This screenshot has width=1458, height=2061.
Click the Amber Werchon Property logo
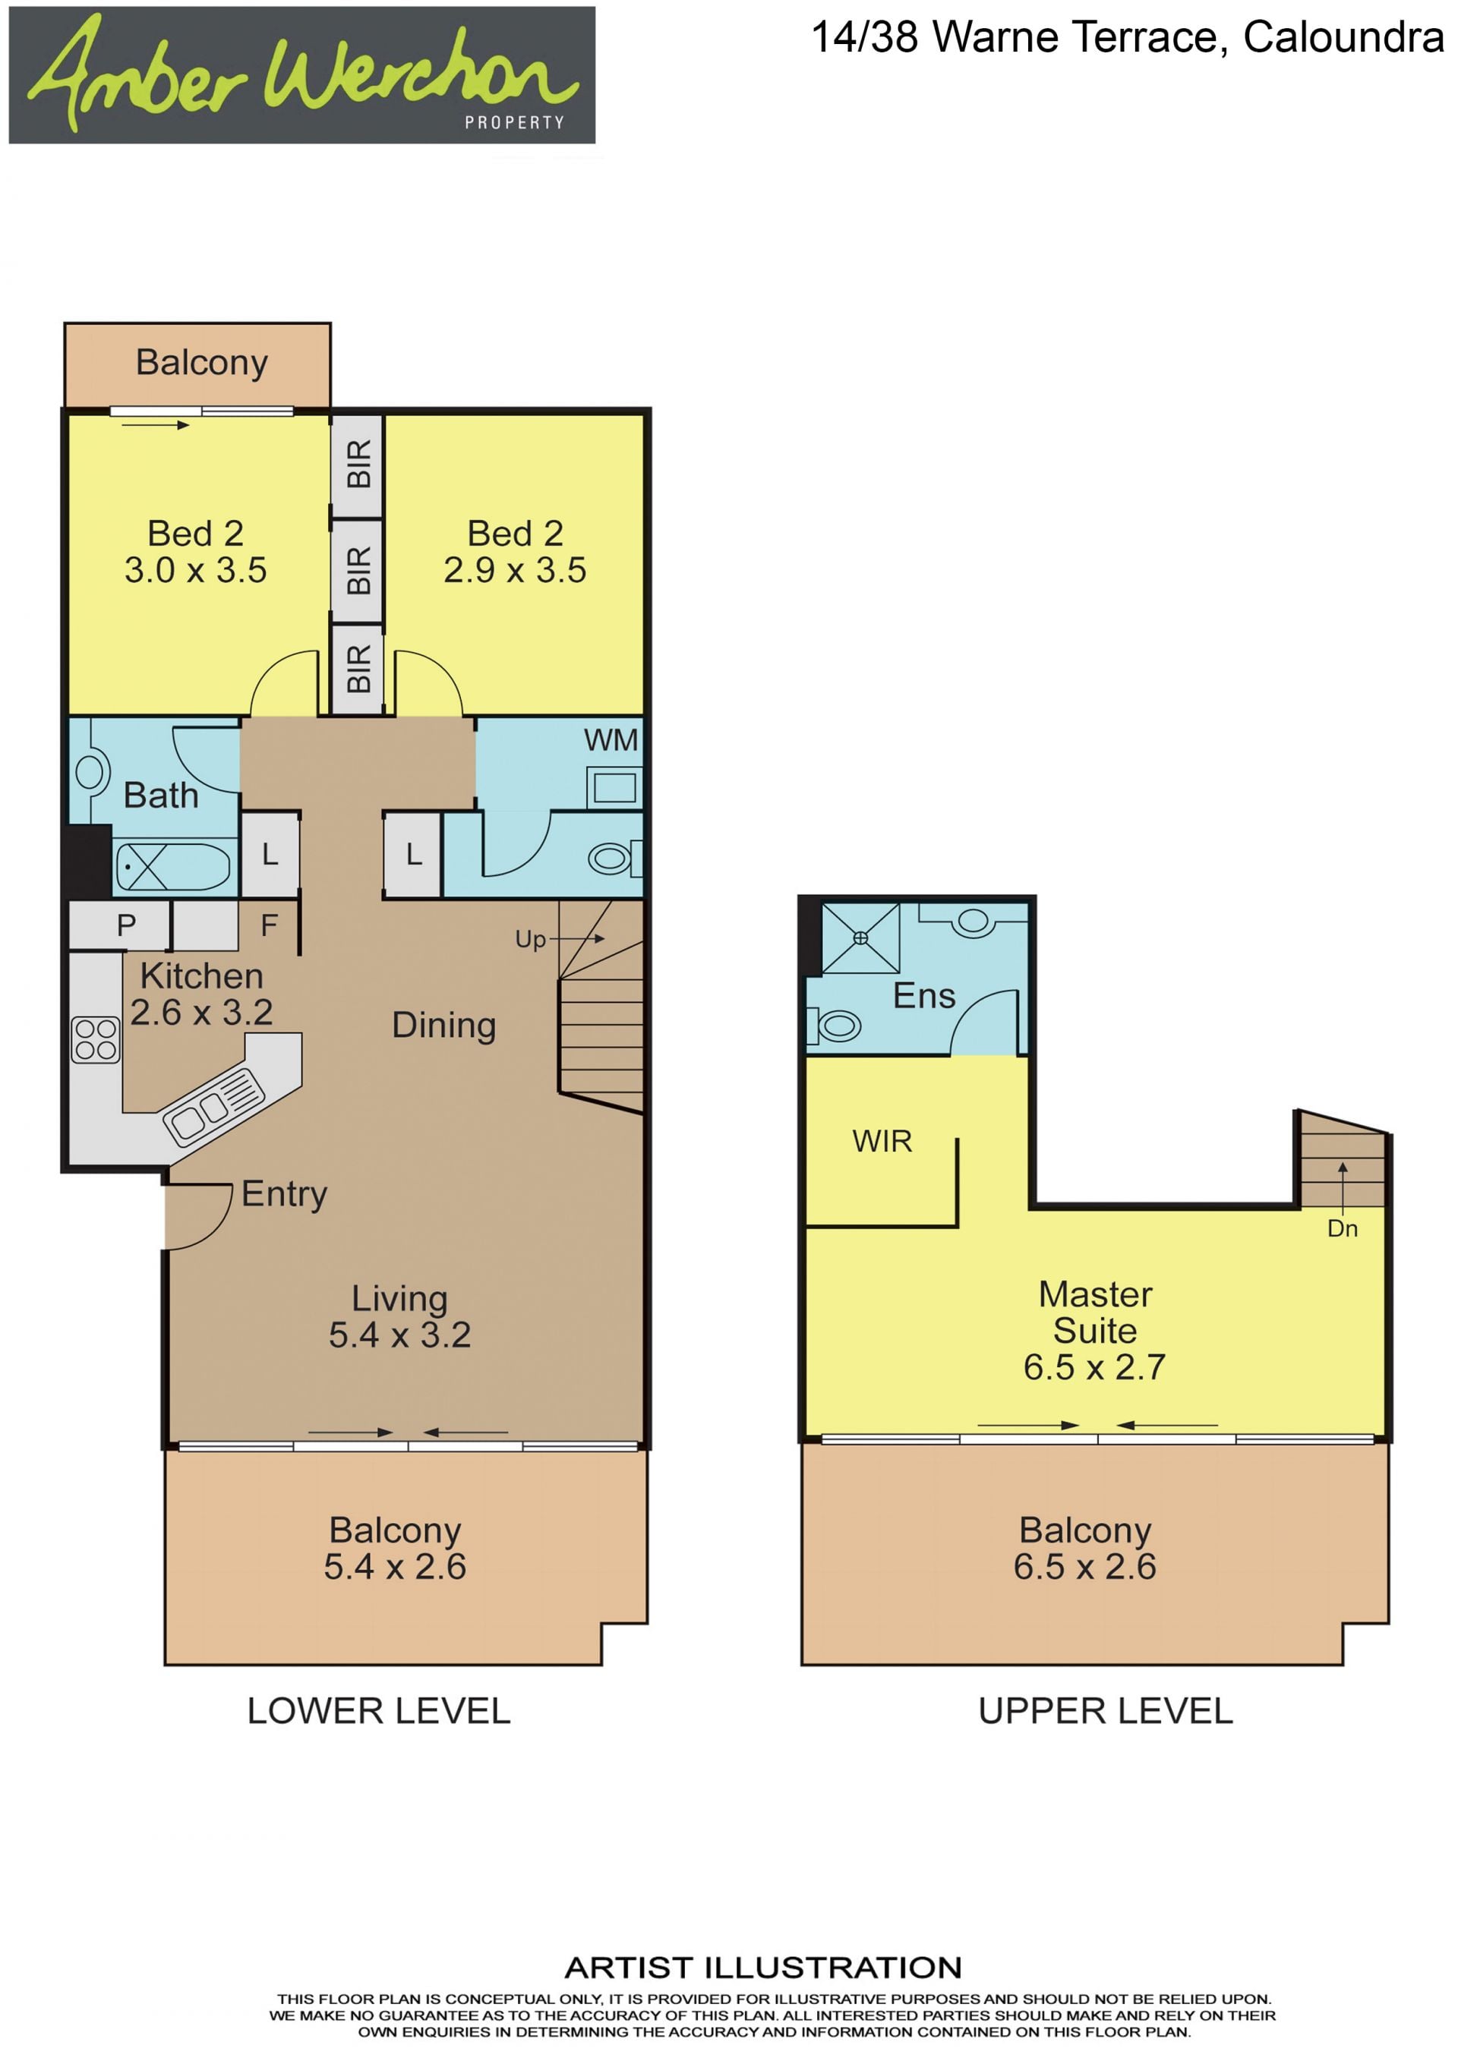click(301, 74)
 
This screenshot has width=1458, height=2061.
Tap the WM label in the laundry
click(611, 741)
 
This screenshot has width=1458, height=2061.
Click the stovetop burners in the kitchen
click(95, 1039)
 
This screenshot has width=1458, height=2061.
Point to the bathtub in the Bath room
click(173, 867)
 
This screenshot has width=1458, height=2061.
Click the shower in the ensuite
click(860, 938)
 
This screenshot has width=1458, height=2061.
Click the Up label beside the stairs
click(531, 940)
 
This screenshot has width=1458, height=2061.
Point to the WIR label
click(882, 1141)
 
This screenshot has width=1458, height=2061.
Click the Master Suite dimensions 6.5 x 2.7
click(1094, 1367)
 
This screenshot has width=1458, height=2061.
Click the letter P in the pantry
click(127, 925)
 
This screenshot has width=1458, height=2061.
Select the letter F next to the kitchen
click(268, 925)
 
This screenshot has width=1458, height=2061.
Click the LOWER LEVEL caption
click(379, 1711)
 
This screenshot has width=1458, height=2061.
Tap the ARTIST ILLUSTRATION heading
click(763, 1968)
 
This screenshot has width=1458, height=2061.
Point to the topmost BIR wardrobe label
click(358, 464)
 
